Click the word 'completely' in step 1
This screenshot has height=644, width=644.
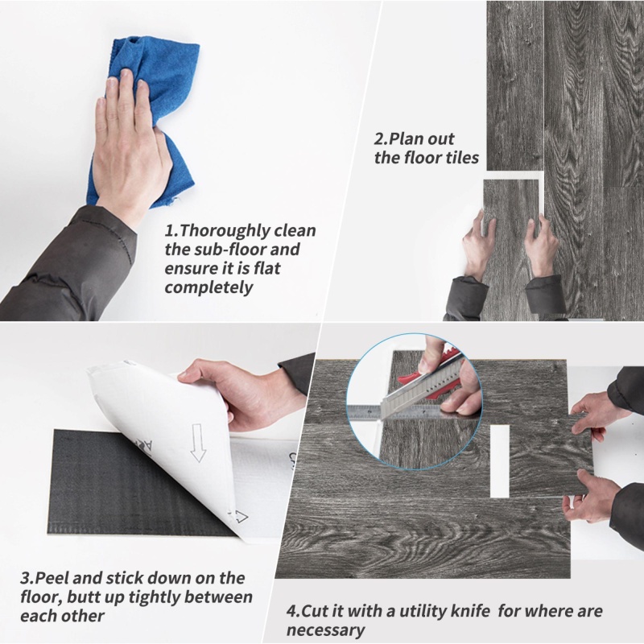[x=208, y=287]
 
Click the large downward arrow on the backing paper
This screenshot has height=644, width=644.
[x=198, y=442]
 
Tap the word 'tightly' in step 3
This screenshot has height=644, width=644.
[x=154, y=597]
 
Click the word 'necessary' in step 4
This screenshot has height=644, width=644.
[x=325, y=630]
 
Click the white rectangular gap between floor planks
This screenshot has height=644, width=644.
[x=500, y=460]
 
